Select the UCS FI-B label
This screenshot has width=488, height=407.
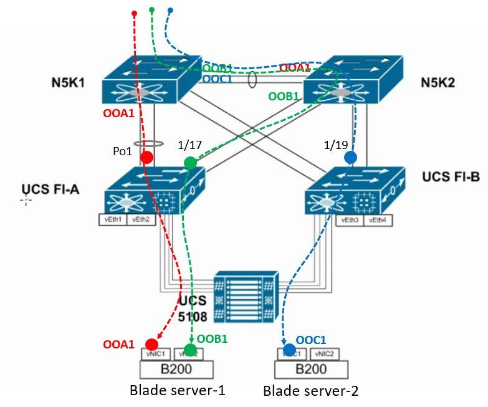(451, 177)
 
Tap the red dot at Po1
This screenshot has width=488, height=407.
(146, 158)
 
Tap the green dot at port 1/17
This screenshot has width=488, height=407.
(190, 163)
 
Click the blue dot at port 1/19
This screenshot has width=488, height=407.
(350, 158)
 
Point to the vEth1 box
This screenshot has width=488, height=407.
(113, 219)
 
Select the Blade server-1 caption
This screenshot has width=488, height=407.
(177, 391)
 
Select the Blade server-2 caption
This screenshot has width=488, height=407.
(311, 391)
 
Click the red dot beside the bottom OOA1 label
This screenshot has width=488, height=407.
(151, 344)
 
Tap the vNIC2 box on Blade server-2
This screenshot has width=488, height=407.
(328, 353)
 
